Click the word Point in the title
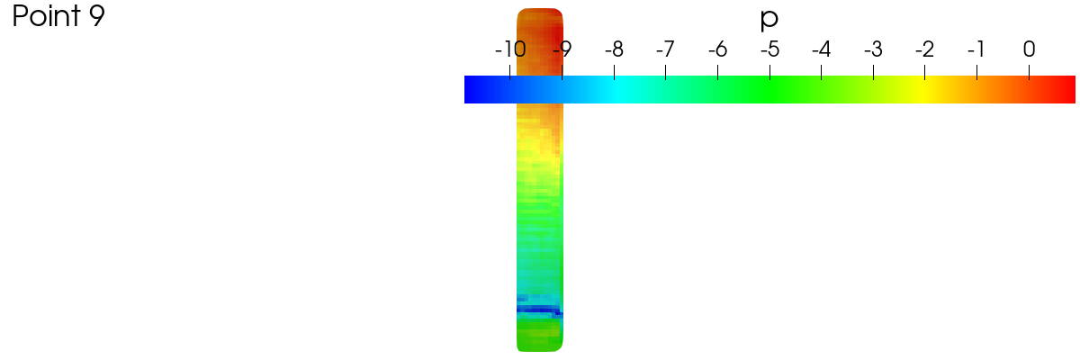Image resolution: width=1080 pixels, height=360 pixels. (x=46, y=16)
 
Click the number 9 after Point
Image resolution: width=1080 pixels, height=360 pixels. (x=96, y=16)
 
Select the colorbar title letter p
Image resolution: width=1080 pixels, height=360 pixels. (x=769, y=19)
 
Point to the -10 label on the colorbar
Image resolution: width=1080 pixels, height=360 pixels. (x=510, y=49)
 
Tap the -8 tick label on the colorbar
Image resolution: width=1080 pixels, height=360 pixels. (x=614, y=49)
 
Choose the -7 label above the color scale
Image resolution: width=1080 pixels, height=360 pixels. (x=666, y=49)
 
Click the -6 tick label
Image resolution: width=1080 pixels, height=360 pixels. (x=718, y=49)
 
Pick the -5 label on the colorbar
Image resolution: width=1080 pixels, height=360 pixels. (x=770, y=49)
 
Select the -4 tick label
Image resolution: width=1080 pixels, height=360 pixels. (x=822, y=49)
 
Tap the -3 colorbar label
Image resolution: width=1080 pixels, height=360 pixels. (x=874, y=49)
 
